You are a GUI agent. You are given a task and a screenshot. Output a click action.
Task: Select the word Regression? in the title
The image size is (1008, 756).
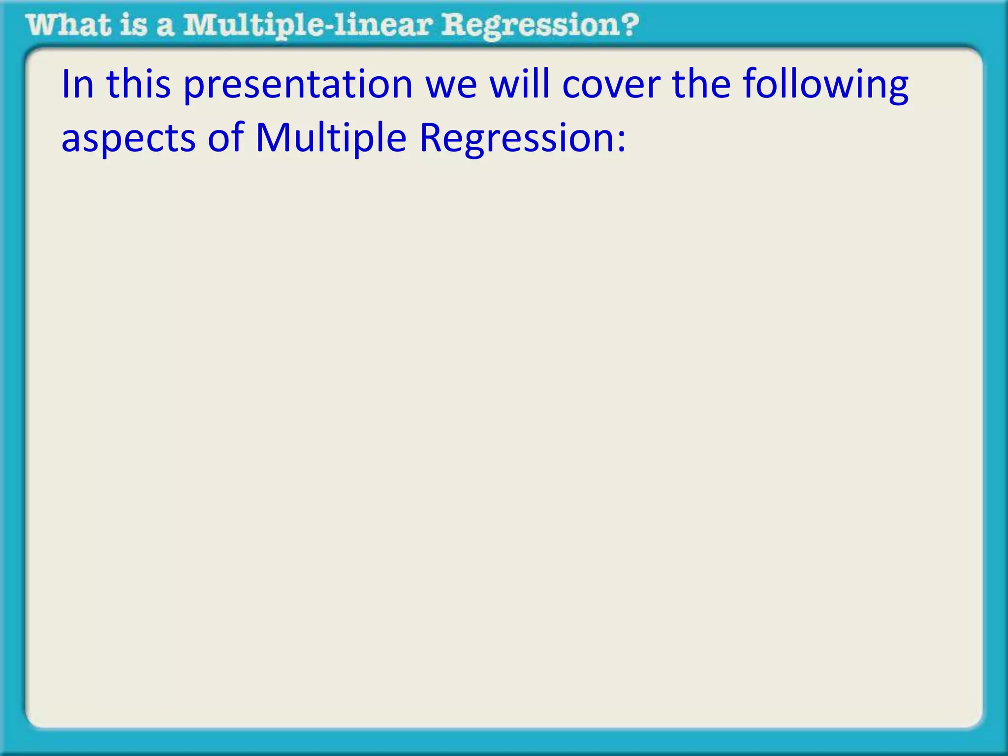[540, 26]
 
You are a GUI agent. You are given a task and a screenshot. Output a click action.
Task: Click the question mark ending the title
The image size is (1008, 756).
[629, 25]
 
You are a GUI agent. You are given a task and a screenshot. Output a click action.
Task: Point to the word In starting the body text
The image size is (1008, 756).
[77, 84]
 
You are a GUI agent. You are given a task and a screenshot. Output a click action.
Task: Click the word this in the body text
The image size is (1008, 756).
[138, 84]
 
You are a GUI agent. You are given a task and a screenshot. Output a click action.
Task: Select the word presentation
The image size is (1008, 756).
[298, 86]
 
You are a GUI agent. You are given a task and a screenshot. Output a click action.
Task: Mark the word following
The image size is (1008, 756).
[825, 86]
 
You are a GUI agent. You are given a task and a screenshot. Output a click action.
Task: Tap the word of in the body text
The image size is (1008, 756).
[225, 137]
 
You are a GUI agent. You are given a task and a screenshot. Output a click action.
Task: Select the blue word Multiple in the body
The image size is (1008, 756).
[331, 138]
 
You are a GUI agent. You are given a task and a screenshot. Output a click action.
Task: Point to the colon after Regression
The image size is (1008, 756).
[622, 142]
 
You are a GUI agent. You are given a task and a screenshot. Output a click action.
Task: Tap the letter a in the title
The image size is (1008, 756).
[165, 28]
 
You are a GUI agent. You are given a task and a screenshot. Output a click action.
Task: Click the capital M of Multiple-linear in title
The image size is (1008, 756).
[201, 25]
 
